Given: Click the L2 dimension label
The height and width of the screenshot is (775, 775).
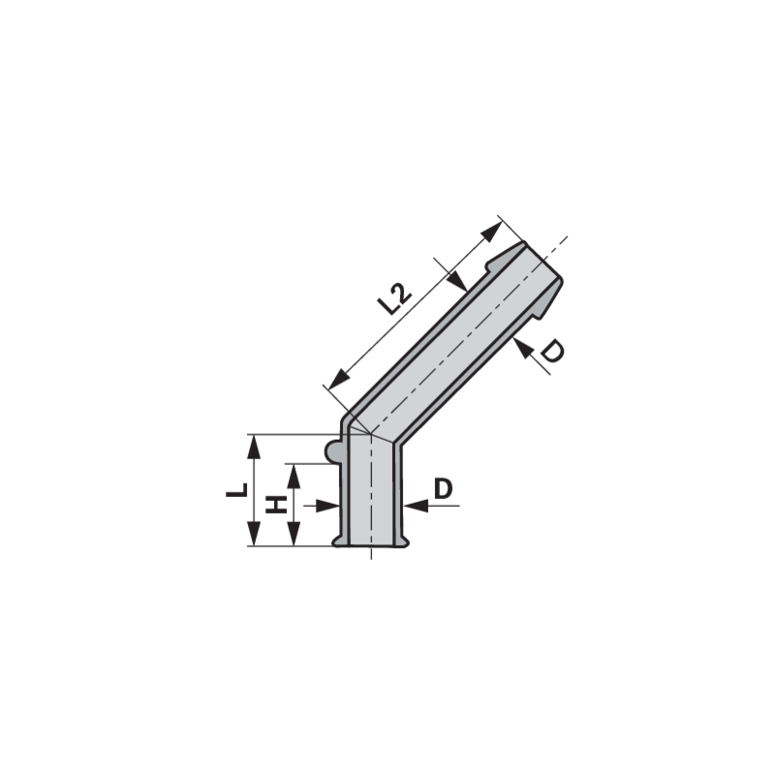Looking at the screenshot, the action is click(x=394, y=298).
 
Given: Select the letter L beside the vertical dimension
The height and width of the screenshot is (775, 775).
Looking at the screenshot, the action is click(x=236, y=490).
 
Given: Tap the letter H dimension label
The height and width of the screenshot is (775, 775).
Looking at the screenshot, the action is click(x=276, y=505).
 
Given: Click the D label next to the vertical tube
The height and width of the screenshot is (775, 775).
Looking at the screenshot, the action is click(x=443, y=489).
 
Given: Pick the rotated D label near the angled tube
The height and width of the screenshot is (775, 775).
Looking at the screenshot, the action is click(x=551, y=351).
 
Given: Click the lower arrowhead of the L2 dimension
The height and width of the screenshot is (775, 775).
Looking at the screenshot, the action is click(x=338, y=379).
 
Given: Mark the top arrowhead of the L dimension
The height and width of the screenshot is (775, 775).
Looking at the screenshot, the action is click(x=253, y=447).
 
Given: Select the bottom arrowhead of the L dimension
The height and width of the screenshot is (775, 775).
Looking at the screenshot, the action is click(x=253, y=534).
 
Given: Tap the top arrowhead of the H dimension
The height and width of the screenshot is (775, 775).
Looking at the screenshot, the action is click(x=294, y=476).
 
